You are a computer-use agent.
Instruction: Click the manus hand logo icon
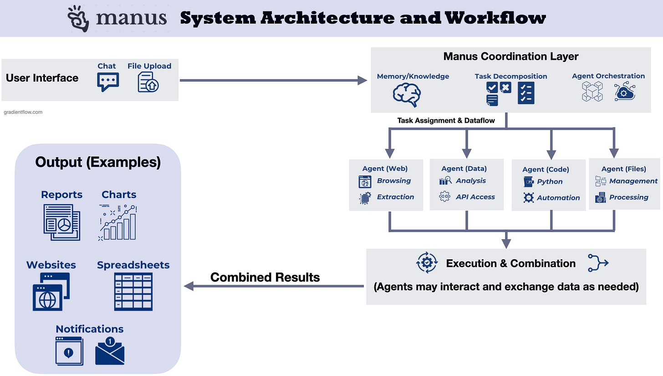click(x=80, y=19)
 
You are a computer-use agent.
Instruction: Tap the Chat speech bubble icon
click(x=107, y=82)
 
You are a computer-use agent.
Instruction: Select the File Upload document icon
click(x=148, y=82)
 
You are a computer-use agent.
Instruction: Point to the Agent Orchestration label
click(x=608, y=76)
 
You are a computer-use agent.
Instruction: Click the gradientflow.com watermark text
click(x=23, y=112)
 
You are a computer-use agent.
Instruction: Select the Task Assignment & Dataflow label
click(x=445, y=121)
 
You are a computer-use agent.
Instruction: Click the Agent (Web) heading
click(x=385, y=169)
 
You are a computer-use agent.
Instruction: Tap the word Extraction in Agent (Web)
click(x=395, y=197)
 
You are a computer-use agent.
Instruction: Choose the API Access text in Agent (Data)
click(x=475, y=197)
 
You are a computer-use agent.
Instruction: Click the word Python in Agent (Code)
click(x=550, y=181)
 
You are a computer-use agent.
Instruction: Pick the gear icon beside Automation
click(x=528, y=198)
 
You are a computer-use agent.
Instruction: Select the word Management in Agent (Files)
click(x=633, y=181)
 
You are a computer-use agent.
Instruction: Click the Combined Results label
click(x=265, y=277)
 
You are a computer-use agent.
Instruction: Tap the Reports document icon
click(x=62, y=221)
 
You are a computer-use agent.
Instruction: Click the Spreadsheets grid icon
click(x=133, y=292)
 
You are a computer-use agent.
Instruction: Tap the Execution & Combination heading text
click(x=510, y=263)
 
